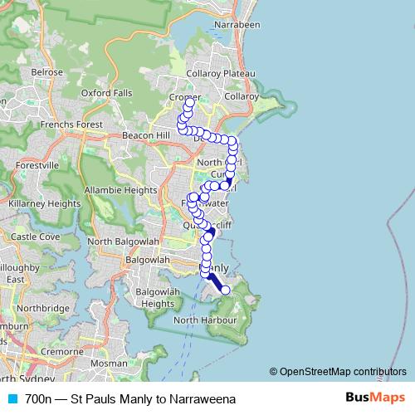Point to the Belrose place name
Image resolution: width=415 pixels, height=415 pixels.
(x=46, y=72)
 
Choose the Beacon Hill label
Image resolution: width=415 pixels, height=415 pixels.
(x=145, y=134)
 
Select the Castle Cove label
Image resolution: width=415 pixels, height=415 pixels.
(x=35, y=237)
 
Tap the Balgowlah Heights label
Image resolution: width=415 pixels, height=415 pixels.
(x=144, y=298)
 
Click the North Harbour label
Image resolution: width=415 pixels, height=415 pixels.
(x=207, y=320)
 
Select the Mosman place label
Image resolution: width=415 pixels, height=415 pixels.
(x=109, y=364)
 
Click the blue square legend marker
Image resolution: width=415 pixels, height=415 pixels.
(x=12, y=399)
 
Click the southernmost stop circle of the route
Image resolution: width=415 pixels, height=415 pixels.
(x=225, y=290)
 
